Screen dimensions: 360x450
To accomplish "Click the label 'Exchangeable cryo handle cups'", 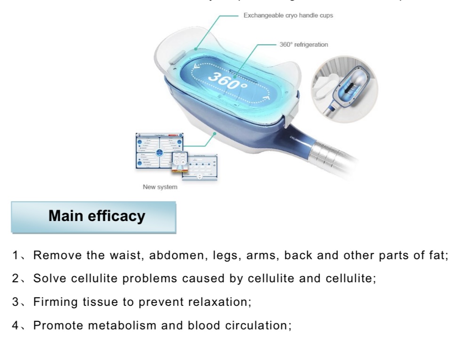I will tap(288, 16).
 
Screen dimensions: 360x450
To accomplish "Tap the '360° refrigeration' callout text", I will tap(304, 45).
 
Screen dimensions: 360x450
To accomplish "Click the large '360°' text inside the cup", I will tap(228, 82).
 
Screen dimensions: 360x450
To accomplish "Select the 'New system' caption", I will tap(160, 187).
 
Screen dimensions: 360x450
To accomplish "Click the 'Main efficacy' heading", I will tap(97, 216).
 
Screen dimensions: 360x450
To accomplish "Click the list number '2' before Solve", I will tap(16, 279).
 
